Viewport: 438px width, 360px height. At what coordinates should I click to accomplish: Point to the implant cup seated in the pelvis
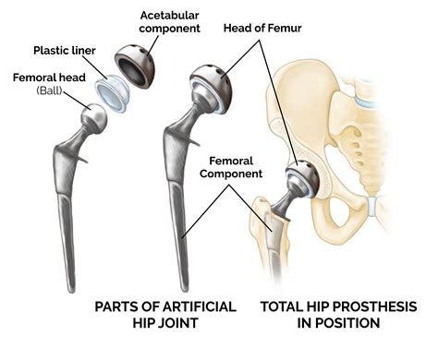pos(301,174)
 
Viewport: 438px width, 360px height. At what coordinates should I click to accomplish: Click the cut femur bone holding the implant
pos(268,226)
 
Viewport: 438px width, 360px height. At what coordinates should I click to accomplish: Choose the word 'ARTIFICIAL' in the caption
pos(190,306)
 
